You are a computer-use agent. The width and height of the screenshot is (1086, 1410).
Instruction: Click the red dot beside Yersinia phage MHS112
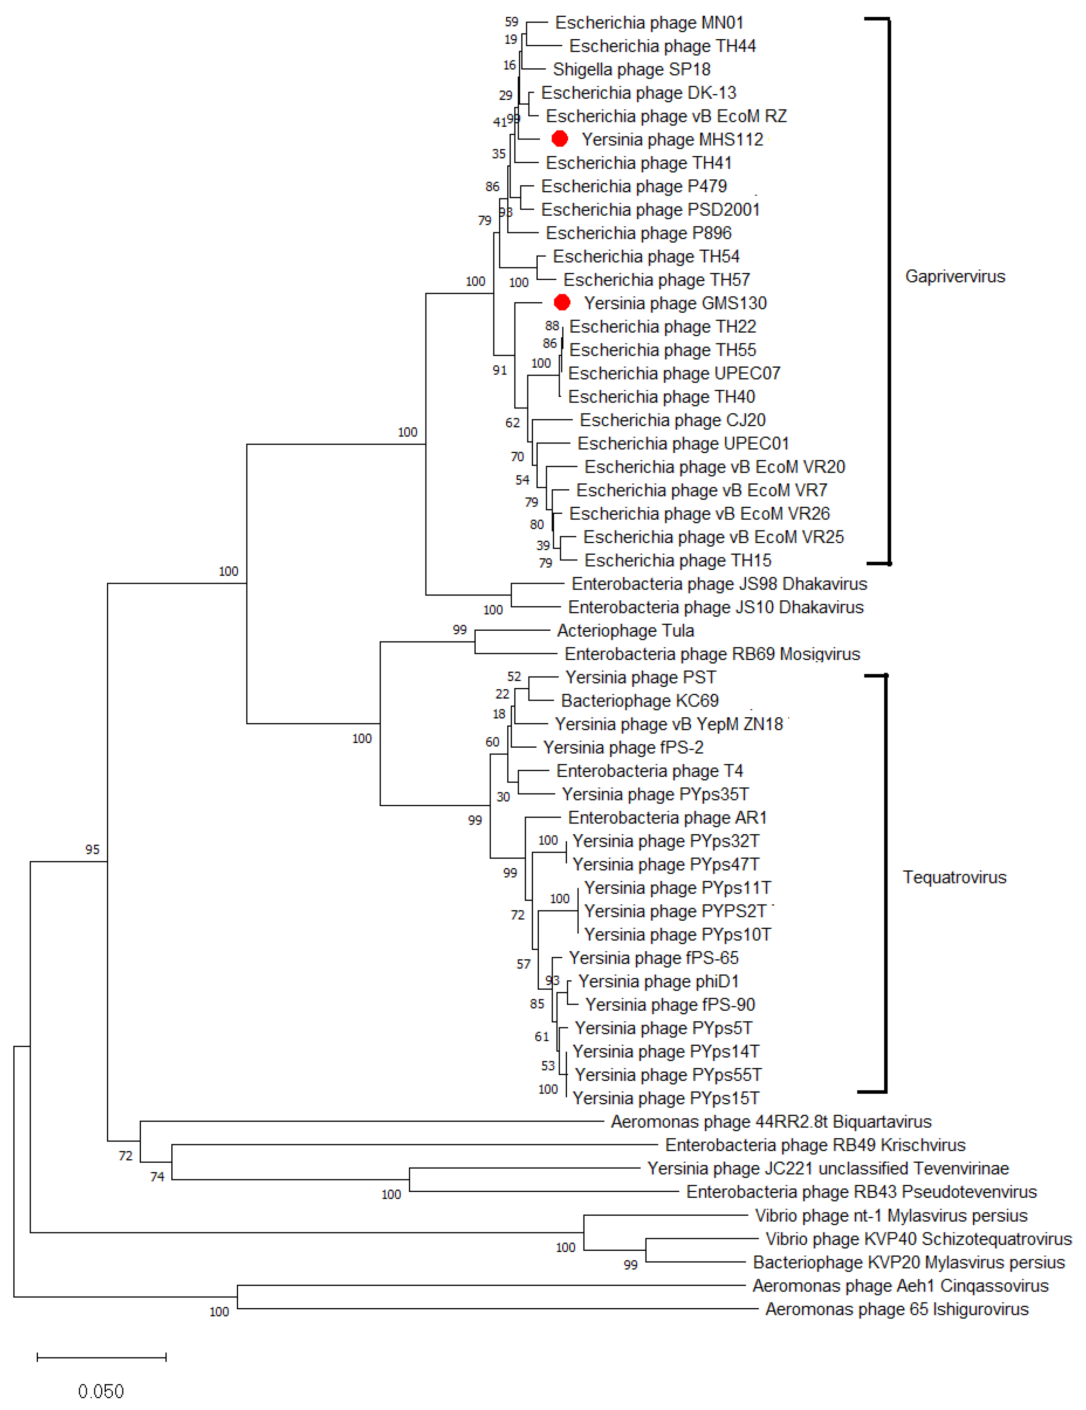tap(559, 138)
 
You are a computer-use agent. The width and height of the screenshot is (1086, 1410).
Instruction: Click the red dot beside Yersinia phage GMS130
tap(562, 302)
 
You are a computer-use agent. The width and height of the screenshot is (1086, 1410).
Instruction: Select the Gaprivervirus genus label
tap(955, 276)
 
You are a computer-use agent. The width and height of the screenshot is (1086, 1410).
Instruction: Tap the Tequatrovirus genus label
tap(954, 877)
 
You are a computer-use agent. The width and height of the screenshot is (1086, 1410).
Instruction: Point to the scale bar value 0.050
tap(101, 1391)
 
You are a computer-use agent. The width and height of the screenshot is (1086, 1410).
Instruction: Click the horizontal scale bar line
tap(101, 1357)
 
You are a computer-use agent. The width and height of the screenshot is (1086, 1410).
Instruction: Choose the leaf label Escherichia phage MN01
tap(649, 23)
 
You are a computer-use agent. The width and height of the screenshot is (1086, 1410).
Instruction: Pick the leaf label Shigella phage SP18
tap(631, 69)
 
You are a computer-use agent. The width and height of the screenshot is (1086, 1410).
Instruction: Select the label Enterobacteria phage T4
tap(649, 771)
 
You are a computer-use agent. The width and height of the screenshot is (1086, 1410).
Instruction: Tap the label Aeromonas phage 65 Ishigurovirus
tap(896, 1308)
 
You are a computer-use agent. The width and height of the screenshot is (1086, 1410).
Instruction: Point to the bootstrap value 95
tap(92, 850)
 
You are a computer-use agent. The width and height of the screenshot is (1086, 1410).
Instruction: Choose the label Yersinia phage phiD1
tap(658, 981)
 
